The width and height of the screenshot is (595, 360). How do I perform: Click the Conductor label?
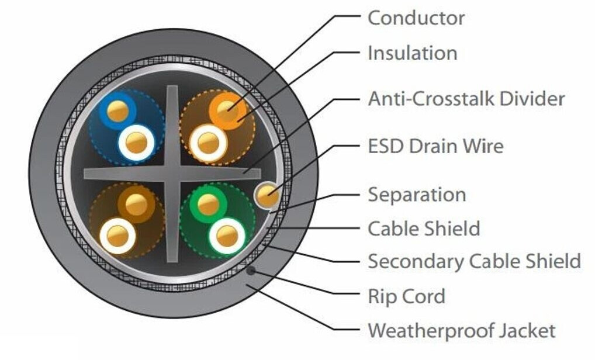click(416, 18)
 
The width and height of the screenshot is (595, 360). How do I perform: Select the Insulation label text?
click(412, 53)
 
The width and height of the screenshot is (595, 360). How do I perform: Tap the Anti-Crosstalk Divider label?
click(466, 98)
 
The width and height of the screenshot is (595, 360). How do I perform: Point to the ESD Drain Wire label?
click(435, 145)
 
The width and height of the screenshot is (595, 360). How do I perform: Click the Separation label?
click(416, 194)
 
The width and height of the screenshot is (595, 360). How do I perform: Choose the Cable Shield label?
click(423, 228)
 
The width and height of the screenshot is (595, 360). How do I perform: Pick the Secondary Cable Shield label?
click(473, 261)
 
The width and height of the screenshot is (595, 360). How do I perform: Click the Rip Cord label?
click(406, 296)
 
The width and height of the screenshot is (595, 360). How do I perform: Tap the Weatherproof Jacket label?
click(461, 331)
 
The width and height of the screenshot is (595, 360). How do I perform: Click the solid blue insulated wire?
click(117, 110)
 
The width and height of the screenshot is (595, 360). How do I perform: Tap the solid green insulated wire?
click(208, 205)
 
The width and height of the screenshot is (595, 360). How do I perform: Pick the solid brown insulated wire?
click(136, 205)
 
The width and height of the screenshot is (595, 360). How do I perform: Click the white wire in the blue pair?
click(136, 143)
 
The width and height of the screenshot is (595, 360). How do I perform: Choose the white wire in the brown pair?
click(117, 236)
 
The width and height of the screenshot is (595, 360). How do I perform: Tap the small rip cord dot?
click(251, 271)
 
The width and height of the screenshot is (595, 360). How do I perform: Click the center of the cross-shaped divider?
click(171, 173)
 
